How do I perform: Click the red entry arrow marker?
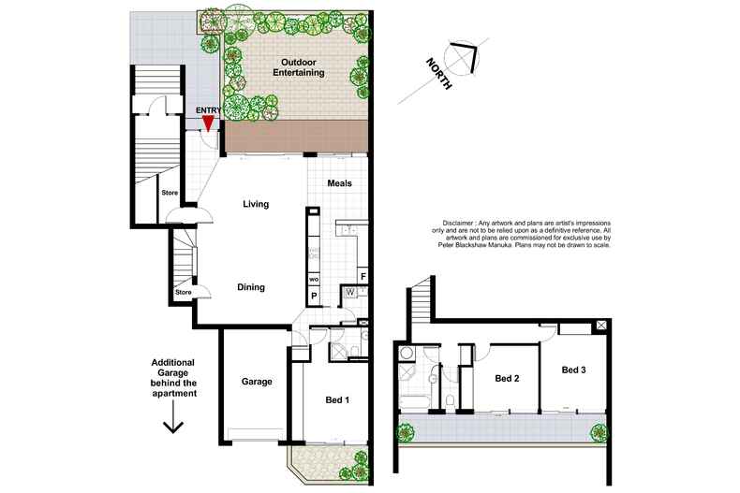coord(208,122)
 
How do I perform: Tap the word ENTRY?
coord(207,109)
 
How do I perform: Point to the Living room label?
coord(256,204)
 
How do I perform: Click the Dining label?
coord(250,288)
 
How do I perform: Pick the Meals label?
coord(339,183)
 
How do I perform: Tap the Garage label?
coord(257,382)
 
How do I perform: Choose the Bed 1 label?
coord(337,400)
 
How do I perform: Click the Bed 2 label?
coord(507,378)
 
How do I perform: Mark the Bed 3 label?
coord(574,370)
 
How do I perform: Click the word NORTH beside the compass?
coord(438,73)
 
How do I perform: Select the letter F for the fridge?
coord(363,276)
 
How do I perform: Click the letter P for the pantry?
coord(314,296)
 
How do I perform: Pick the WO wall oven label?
coord(314,280)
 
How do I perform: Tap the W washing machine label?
coord(348,292)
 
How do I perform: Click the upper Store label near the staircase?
coord(170,193)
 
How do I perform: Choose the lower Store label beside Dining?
coord(183,293)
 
